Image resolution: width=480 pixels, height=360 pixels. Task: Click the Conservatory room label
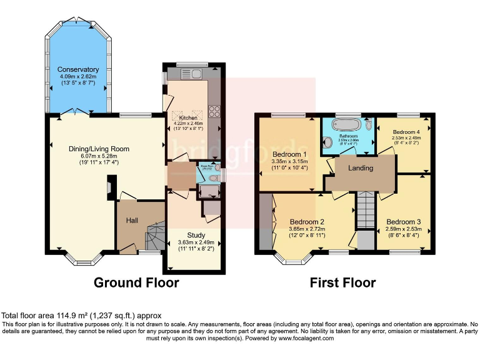pos(78,69)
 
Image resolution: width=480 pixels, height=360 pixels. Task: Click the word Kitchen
pos(188,118)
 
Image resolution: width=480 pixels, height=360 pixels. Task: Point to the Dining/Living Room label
pos(99,149)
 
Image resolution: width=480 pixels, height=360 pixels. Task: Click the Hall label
pos(132,220)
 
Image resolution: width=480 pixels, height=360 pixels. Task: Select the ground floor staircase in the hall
pos(153,238)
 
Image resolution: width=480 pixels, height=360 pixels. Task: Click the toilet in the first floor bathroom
pos(329,142)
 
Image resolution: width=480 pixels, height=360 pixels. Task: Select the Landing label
pos(361,168)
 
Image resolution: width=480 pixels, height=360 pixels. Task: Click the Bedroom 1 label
pos(289,154)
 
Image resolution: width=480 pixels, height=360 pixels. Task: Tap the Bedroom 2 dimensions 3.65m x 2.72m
pos(306,228)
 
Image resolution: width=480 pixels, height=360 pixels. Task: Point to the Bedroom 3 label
pos(403,222)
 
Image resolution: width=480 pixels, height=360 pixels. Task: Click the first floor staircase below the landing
pos(365,212)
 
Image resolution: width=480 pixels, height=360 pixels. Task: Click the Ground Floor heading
pos(136,283)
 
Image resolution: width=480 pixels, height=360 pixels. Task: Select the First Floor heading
pos(343,283)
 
